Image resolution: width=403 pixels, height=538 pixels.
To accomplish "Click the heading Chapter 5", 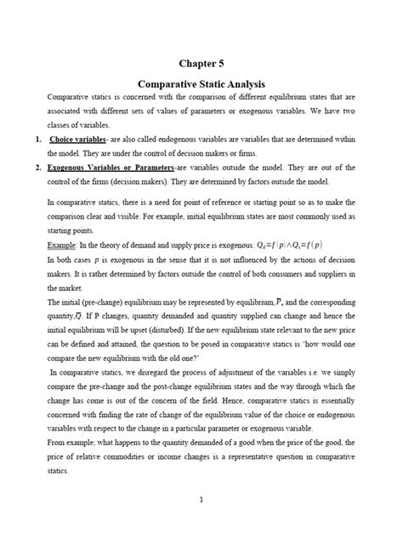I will pos(201,63).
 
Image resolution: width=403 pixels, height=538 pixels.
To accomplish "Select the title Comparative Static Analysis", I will pos(201,85).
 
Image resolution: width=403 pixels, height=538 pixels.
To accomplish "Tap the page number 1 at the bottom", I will pos(201,499).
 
